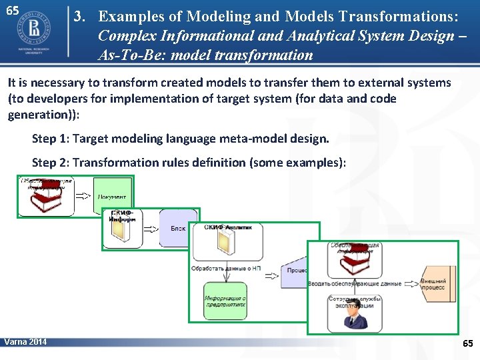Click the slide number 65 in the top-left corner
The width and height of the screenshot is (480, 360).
pos(12,11)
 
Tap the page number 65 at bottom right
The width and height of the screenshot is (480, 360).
pos(467,343)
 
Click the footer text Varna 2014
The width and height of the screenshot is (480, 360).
pos(25,342)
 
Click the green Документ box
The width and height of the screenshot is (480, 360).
pos(112,195)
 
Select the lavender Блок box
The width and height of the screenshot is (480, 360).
pos(175,229)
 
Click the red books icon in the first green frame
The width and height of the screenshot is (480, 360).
pos(46,196)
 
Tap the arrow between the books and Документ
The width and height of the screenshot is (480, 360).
pos(83,196)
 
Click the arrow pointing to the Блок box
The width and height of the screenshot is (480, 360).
pos(151,229)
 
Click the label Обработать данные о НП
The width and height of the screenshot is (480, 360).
pos(225,269)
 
